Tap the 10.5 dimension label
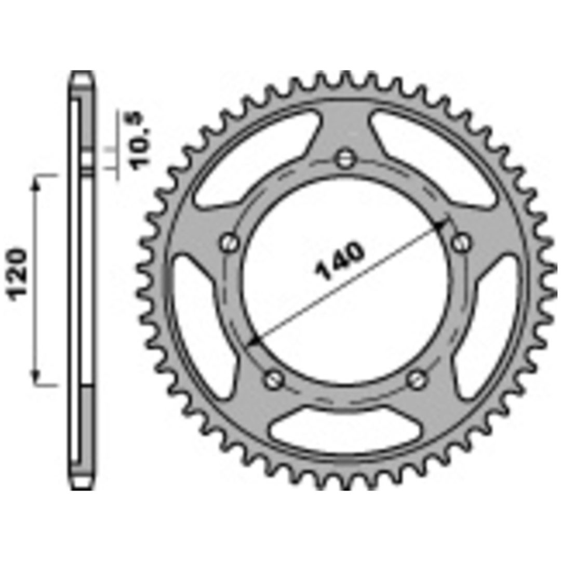point(140,141)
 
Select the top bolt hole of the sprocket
point(345,158)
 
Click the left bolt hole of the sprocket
point(229,243)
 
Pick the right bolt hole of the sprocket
point(462,243)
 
